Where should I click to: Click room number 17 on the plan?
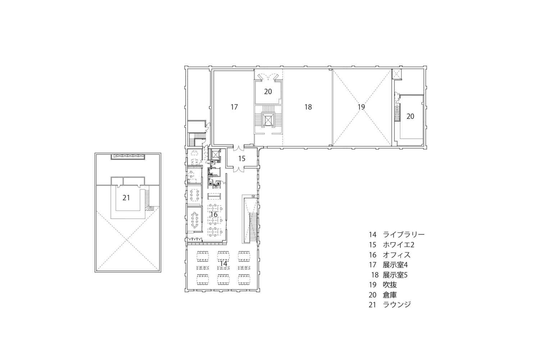(x=234, y=107)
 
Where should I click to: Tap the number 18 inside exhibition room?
(x=308, y=107)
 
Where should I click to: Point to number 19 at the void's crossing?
(x=361, y=107)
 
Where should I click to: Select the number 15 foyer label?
(x=242, y=158)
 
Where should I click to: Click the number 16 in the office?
(x=214, y=215)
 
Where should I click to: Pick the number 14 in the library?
(x=223, y=264)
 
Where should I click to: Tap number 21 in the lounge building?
(x=126, y=198)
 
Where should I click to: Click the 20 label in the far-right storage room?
(x=410, y=116)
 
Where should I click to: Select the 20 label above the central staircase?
(x=268, y=92)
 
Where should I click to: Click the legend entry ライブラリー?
(x=404, y=235)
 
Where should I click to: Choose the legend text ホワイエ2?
(x=399, y=245)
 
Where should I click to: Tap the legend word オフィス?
(x=397, y=255)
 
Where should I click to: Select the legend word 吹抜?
(x=390, y=285)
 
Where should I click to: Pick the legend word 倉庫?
(x=390, y=295)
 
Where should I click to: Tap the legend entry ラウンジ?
(x=397, y=305)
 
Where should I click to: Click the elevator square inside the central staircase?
(x=268, y=119)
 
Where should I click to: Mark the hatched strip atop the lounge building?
(x=128, y=156)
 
